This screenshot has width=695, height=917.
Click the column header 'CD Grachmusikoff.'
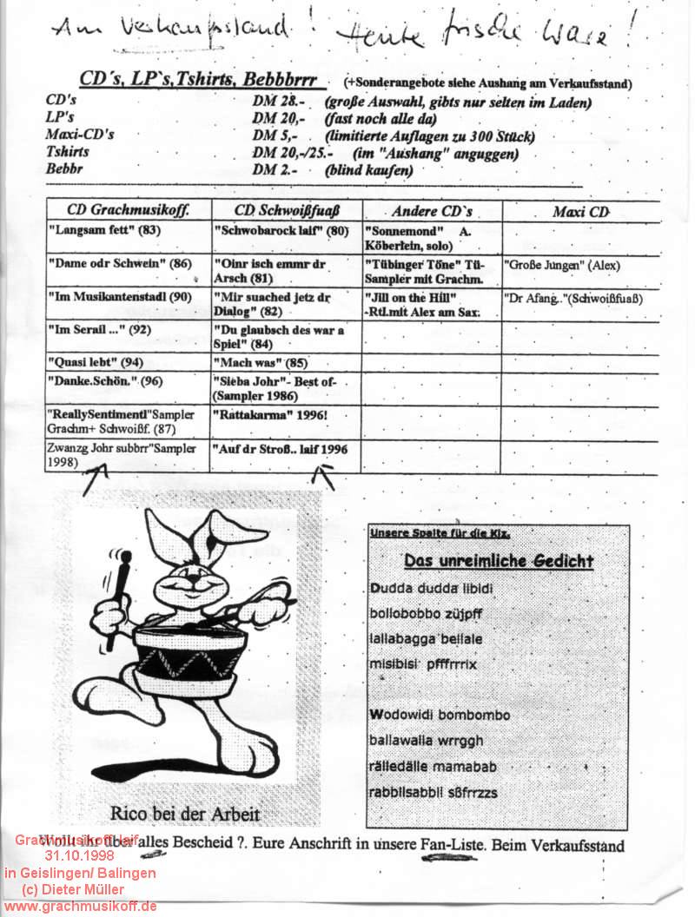(x=127, y=209)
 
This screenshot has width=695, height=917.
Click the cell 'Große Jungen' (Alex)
(x=562, y=266)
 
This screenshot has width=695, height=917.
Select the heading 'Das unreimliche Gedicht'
(x=499, y=561)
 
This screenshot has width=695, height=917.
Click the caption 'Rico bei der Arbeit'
(x=185, y=814)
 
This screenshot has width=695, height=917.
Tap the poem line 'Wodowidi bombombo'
(x=440, y=715)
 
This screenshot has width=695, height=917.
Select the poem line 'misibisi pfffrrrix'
(x=423, y=664)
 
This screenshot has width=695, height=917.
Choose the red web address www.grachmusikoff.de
(x=80, y=906)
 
